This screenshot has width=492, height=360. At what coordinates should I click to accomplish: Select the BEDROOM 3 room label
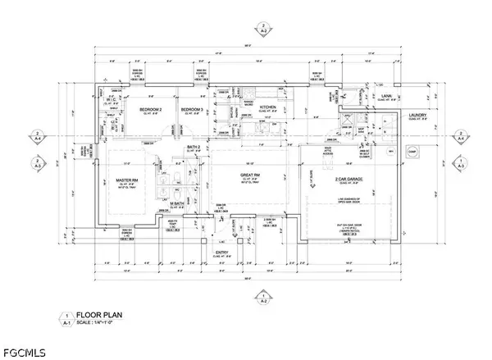pyautogui.click(x=192, y=110)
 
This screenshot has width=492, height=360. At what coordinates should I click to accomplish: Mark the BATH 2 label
pyautogui.click(x=194, y=146)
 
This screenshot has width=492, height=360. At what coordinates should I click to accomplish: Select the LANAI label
pyautogui.click(x=388, y=96)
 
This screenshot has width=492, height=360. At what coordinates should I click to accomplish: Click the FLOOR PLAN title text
pyautogui.click(x=100, y=314)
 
